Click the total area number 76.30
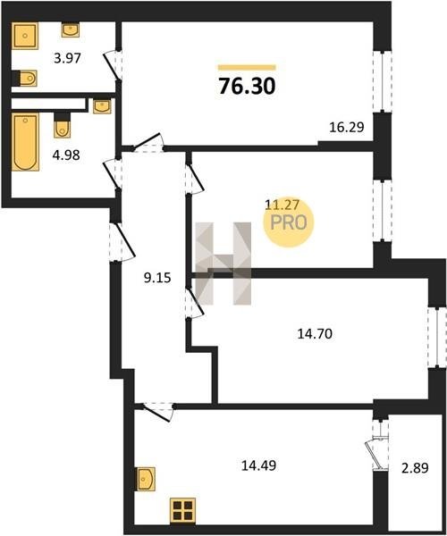(247, 86)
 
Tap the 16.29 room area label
(347, 127)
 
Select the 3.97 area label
(67, 58)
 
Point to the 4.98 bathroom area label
(66, 155)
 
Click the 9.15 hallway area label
(157, 278)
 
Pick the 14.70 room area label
(315, 333)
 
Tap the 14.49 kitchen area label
(258, 465)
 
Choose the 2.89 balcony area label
(415, 467)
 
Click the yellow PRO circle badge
(289, 222)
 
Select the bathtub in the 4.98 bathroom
(25, 142)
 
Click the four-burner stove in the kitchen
(183, 511)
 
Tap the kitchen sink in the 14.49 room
(146, 479)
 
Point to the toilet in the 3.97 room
(25, 79)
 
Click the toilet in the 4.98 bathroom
(62, 125)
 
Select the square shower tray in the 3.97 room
(25, 36)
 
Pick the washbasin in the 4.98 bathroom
(102, 106)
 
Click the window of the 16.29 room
(383, 81)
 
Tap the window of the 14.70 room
(437, 338)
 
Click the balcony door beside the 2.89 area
(379, 444)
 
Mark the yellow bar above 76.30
(247, 68)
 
